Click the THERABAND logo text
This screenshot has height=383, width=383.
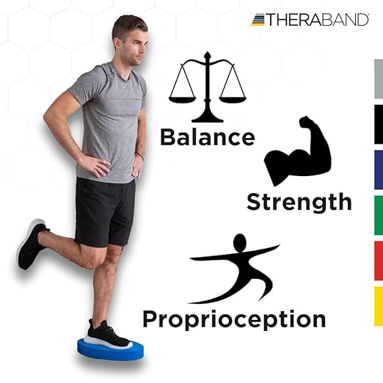317,20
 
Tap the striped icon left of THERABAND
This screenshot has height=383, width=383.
258,20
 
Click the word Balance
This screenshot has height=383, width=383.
208,137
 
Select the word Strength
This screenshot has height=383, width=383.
299,201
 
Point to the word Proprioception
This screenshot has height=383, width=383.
234,319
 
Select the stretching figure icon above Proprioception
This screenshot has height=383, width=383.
233,269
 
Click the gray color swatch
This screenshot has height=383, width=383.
378,79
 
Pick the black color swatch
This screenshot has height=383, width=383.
378,124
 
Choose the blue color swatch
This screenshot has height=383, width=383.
378,169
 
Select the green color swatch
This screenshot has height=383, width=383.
378,215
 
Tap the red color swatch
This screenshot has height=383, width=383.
378,260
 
